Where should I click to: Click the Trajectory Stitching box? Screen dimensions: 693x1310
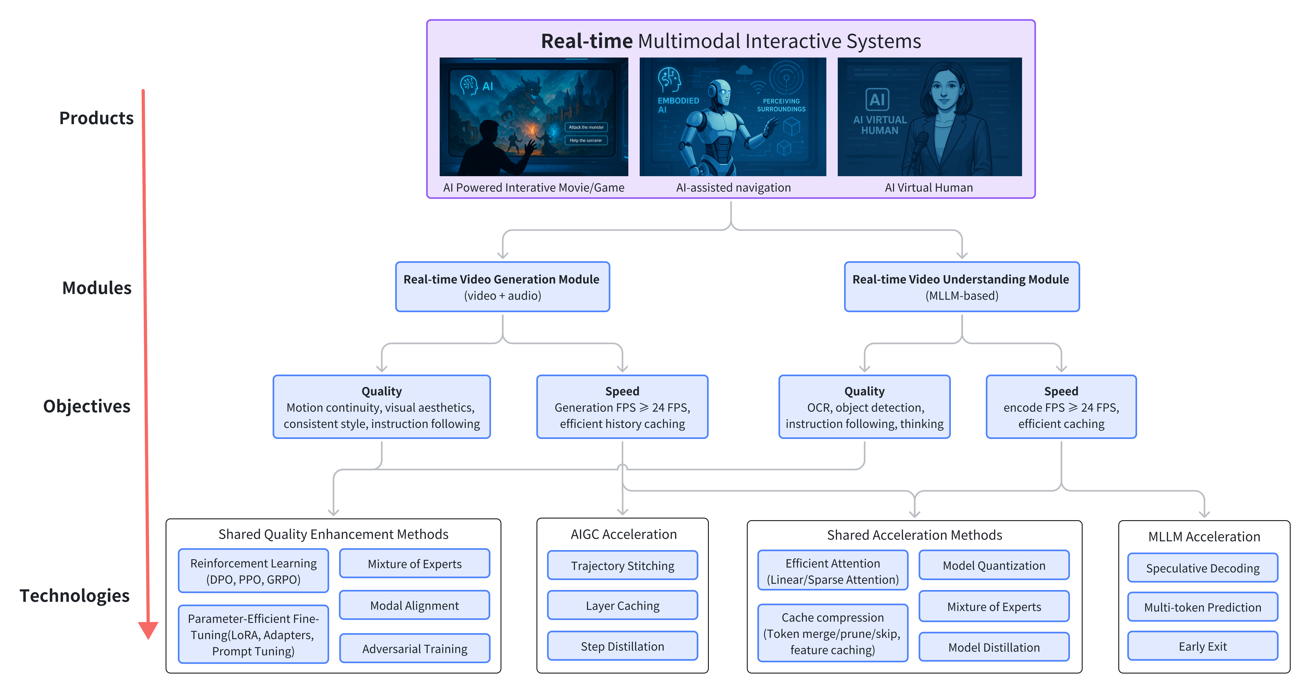coord(622,565)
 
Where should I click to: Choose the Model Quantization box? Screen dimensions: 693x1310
coord(994,565)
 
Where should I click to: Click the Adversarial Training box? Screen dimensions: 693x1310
coord(414,649)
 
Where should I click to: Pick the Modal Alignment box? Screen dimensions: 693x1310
coord(414,606)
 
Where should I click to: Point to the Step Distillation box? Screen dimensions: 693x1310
coord(622,646)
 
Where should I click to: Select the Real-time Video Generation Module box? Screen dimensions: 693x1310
coord(502,287)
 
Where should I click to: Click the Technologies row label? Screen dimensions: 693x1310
coord(75,596)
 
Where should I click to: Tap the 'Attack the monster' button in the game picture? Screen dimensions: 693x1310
coord(586,128)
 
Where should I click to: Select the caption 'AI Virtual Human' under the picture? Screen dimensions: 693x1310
coord(929,187)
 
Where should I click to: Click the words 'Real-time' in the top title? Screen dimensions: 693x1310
coord(586,41)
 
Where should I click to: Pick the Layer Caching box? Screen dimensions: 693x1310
coord(622,606)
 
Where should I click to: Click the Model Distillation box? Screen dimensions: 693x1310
coord(994,647)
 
